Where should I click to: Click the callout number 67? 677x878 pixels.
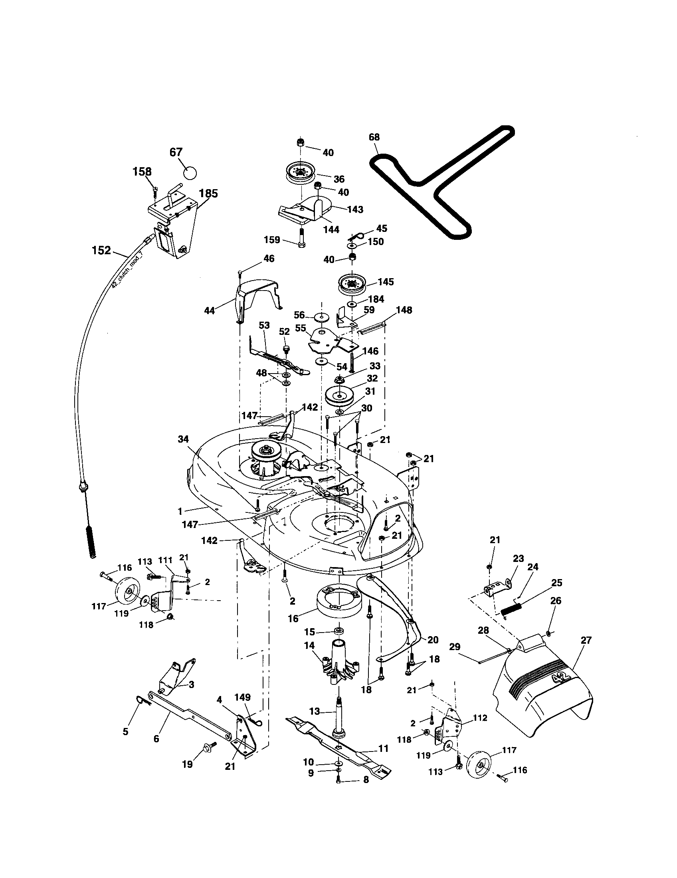[176, 152]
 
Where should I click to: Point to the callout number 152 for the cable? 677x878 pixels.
[101, 251]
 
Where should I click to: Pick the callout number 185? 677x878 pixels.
[208, 194]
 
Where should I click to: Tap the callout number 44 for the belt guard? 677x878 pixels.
[210, 310]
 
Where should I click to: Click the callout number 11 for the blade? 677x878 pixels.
[384, 748]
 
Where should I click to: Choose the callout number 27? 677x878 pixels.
[586, 640]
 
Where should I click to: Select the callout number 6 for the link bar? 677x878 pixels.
[156, 738]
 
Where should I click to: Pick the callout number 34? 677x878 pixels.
[183, 439]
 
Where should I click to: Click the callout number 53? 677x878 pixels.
[264, 325]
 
